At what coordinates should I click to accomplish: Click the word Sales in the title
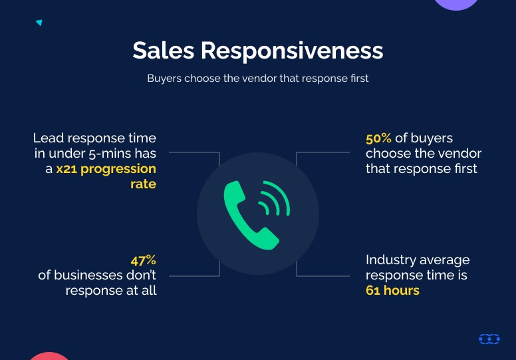click(163, 51)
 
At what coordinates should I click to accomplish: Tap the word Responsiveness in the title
click(292, 51)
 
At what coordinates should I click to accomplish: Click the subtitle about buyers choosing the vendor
click(258, 79)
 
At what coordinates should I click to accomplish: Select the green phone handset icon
click(250, 216)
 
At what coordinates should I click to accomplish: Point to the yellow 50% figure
click(378, 138)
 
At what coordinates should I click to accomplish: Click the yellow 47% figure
click(143, 261)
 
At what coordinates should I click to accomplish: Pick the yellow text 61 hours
click(392, 291)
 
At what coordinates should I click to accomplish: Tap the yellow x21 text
click(66, 169)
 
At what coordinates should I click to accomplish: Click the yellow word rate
click(143, 184)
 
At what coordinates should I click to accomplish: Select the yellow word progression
click(118, 169)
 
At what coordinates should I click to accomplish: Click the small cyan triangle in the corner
click(39, 23)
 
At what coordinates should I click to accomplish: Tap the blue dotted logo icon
click(489, 339)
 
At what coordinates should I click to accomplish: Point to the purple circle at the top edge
click(456, 3)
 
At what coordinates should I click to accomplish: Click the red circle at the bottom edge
click(49, 357)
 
